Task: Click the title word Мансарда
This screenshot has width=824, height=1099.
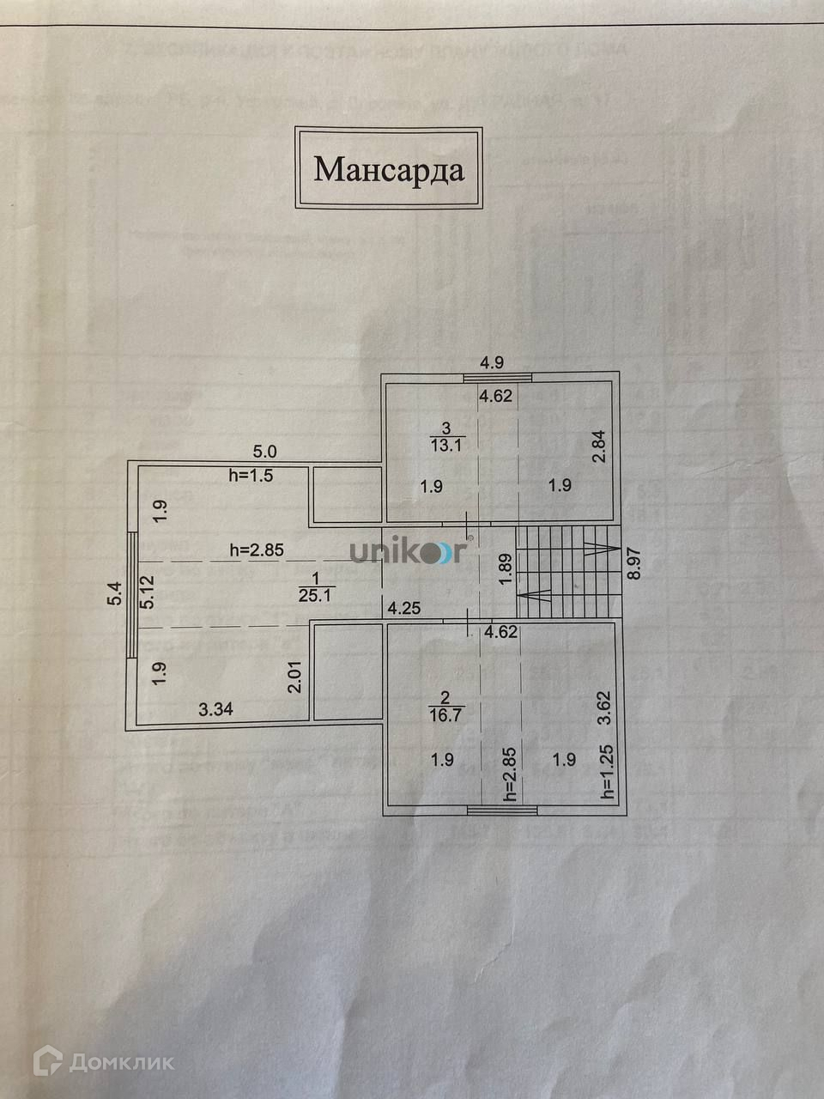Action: pos(389,169)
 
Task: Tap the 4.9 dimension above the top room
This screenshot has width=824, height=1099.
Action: pos(492,362)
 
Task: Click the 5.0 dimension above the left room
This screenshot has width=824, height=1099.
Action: pos(264,450)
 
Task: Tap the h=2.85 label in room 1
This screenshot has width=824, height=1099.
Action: pos(258,550)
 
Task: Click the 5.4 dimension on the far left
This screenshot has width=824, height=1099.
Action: pos(114,594)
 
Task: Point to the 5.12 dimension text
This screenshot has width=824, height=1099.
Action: pos(148,592)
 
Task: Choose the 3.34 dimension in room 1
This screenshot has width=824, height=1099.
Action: pos(215,709)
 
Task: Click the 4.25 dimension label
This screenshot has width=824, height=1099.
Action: pos(404,609)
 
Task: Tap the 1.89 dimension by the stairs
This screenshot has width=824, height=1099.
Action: pos(506,571)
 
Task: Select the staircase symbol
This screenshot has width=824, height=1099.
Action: pos(567,571)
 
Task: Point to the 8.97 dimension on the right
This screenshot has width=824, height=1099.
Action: pos(635,566)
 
